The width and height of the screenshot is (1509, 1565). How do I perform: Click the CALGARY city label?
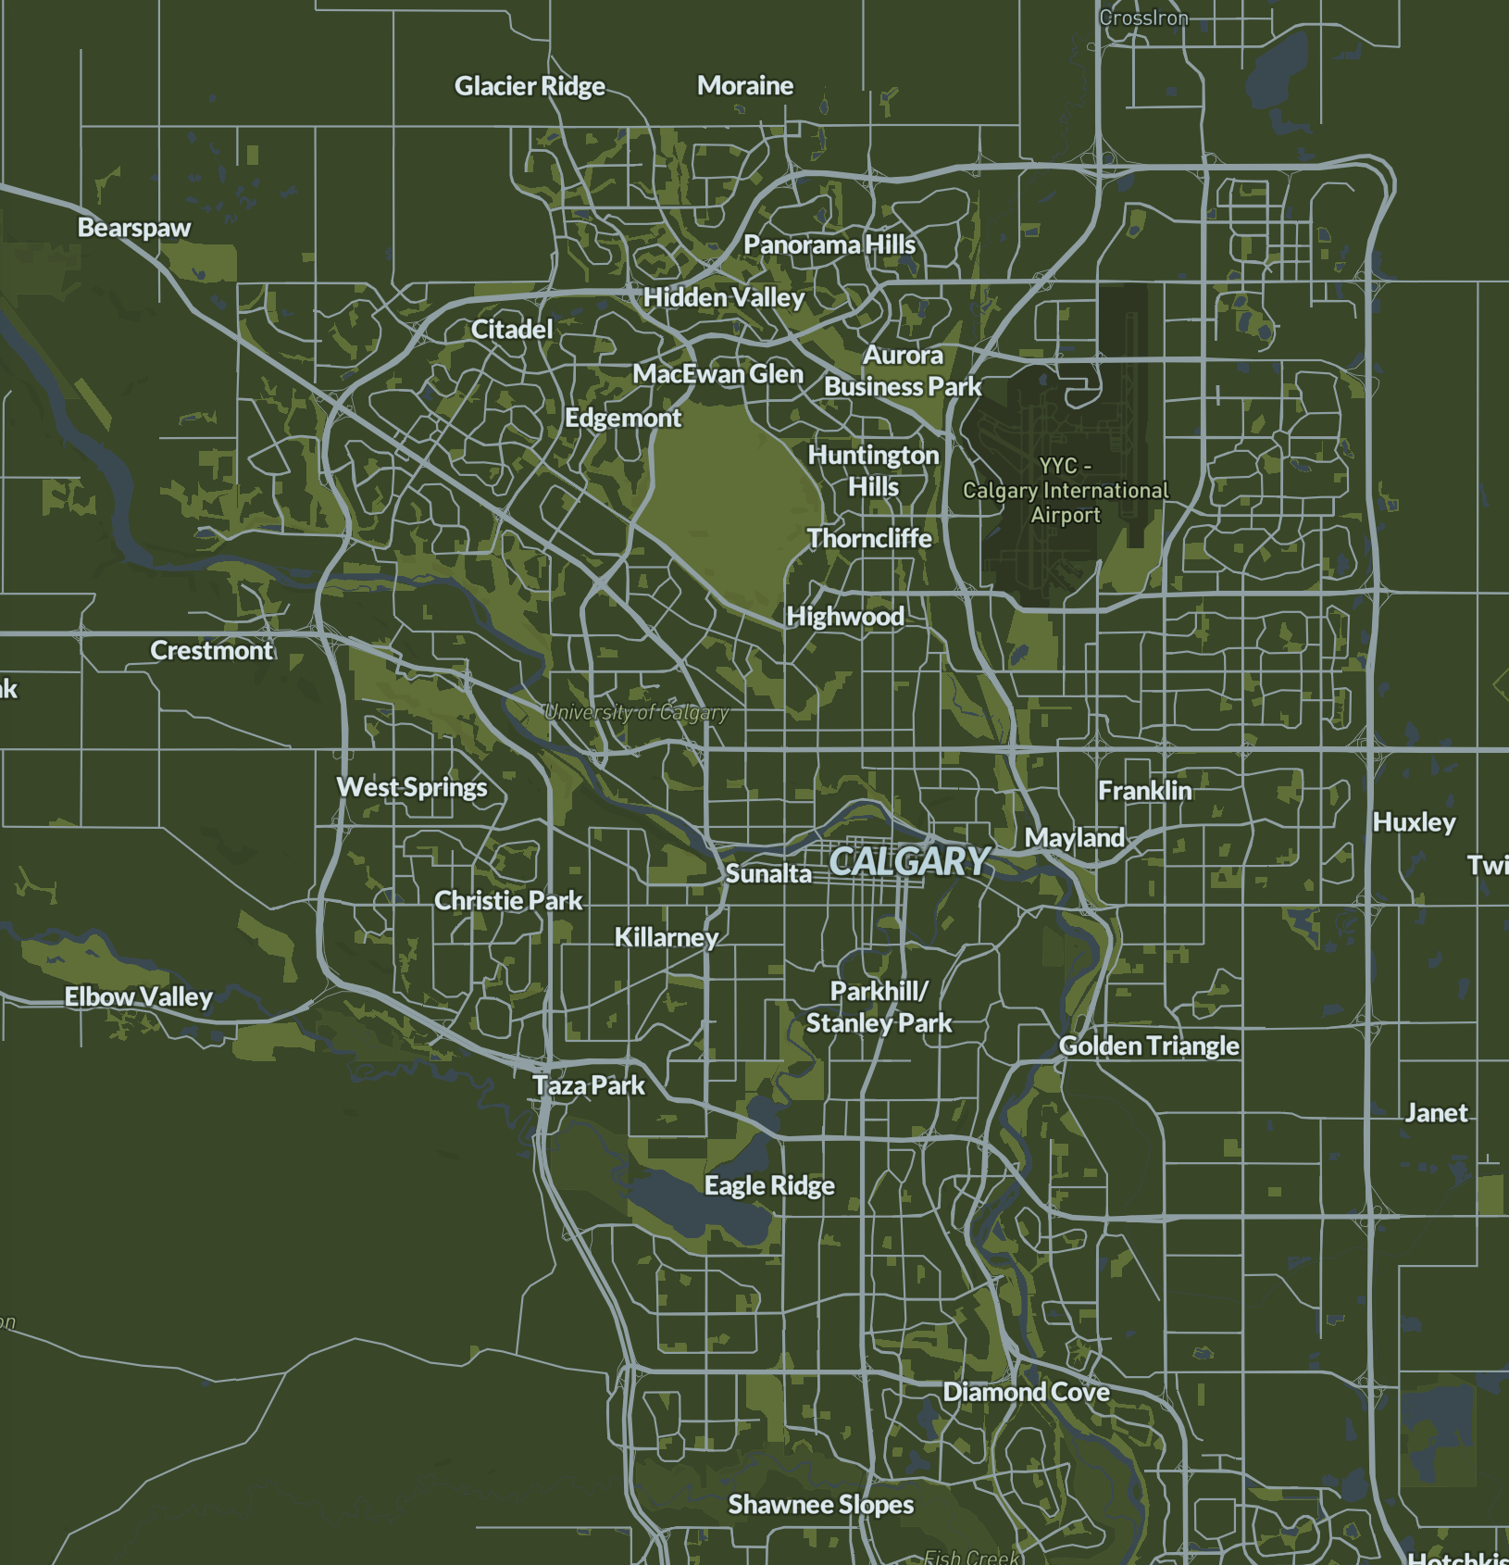coord(909,861)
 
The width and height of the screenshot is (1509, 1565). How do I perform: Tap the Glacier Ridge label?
coord(530,86)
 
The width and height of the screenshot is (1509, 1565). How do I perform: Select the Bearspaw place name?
coord(134,228)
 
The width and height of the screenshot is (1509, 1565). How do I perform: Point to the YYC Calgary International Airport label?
coord(1066,491)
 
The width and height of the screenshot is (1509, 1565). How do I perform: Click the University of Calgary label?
coord(636,712)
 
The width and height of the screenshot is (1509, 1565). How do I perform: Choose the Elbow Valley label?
coord(139,996)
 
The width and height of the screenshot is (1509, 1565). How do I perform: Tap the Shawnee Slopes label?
coord(820,1505)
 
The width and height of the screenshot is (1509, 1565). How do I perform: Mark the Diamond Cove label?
coord(1026,1392)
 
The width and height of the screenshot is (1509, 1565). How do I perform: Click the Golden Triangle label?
coord(1149,1045)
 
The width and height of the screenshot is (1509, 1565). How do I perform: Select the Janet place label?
coord(1436,1112)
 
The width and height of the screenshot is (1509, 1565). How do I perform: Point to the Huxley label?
coord(1414,822)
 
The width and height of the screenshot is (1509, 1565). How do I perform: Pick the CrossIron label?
coord(1143,18)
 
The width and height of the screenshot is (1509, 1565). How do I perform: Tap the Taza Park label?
coord(589,1085)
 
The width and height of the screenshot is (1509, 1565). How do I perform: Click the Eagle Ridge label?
coord(769,1185)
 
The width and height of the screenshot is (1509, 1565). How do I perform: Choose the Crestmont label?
coord(212,650)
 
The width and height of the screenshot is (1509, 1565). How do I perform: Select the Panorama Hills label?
coord(829,244)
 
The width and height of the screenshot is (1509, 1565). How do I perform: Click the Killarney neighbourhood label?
coord(667,937)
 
